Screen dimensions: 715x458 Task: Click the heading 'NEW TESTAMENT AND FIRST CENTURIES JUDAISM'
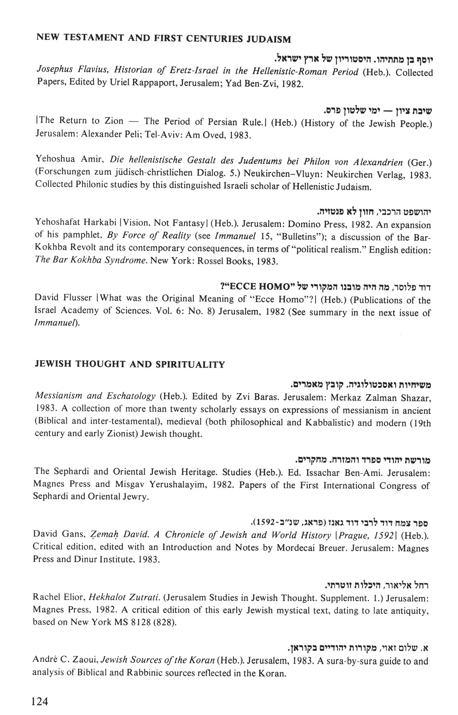pos(163,38)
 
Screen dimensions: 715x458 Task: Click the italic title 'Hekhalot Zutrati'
pos(124,597)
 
